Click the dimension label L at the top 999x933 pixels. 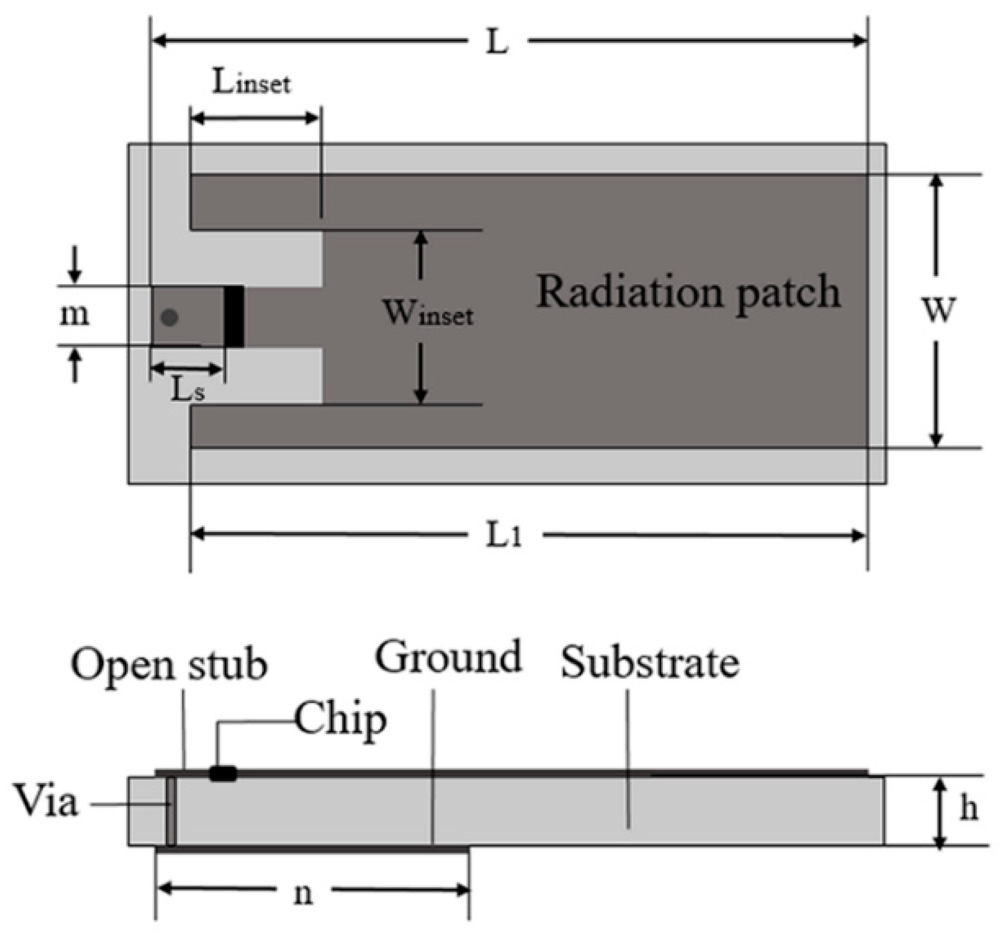[497, 42]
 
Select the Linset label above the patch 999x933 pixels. [252, 83]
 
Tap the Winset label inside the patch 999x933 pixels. [428, 313]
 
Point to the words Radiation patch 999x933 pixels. [688, 293]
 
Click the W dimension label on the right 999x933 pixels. [939, 310]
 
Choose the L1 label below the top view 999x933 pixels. [504, 536]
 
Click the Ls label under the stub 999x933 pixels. [188, 391]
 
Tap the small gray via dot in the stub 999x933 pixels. [170, 317]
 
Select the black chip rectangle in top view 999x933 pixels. [234, 317]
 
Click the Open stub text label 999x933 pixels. [169, 665]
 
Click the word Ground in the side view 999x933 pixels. [449, 657]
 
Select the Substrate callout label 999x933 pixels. [650, 663]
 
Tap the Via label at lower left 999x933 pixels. [46, 802]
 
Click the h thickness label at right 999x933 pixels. [969, 809]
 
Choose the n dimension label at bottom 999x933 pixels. [304, 894]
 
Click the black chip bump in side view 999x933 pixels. [223, 773]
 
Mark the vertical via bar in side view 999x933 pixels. [171, 810]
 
